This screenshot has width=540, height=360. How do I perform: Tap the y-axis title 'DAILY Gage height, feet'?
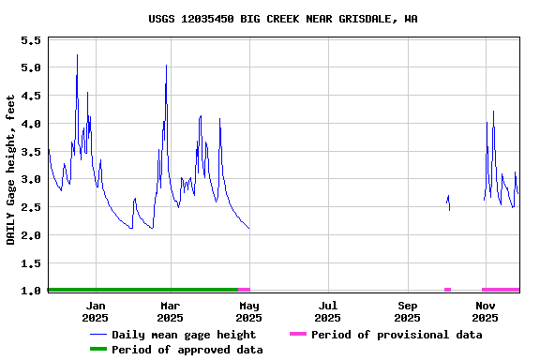[x=11, y=170]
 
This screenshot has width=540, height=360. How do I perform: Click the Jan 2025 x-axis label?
[x=96, y=311]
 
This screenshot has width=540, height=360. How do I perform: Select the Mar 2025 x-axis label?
[x=170, y=311]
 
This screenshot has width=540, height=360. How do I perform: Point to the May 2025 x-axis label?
[x=248, y=311]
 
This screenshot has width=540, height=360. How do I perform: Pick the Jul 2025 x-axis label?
[x=328, y=311]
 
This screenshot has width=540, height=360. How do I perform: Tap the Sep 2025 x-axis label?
[x=407, y=311]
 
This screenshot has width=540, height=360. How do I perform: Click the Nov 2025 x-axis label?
[x=486, y=311]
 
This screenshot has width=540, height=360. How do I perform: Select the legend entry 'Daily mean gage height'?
[x=183, y=335]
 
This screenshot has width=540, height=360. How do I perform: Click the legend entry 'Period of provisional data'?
[x=396, y=335]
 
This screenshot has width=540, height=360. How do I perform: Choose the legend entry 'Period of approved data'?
[x=187, y=350]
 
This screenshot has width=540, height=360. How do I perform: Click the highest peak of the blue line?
[x=77, y=55]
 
